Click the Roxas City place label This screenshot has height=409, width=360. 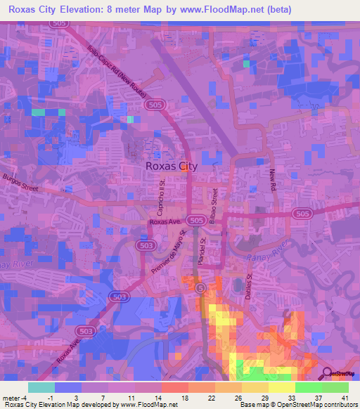[x=171, y=167]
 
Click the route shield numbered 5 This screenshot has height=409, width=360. [x=201, y=287]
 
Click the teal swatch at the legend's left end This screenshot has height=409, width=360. [x=41, y=387]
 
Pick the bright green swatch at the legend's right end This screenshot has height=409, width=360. [x=335, y=387]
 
